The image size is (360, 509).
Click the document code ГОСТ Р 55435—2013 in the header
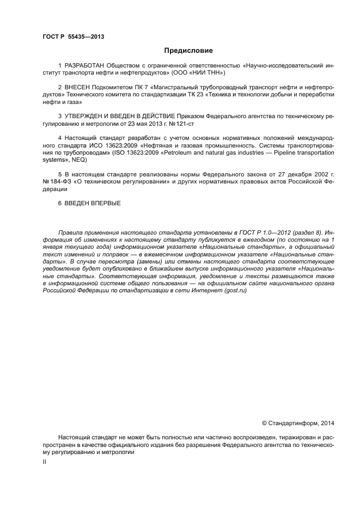(73, 37)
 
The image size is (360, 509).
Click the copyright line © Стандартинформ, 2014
(298, 423)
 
